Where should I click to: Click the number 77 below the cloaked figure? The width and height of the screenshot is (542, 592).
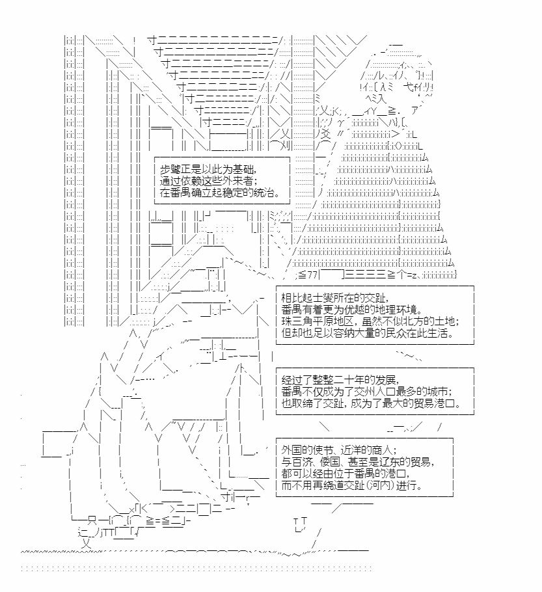point(312,275)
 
